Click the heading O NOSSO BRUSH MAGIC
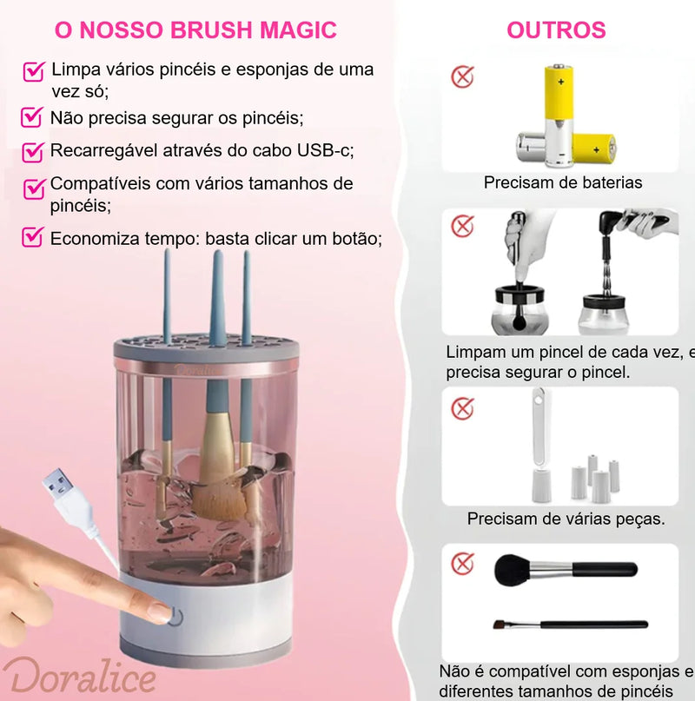[x=195, y=30]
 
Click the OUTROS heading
[x=556, y=30]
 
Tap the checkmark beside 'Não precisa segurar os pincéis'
[x=32, y=116]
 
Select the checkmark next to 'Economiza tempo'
[x=32, y=236]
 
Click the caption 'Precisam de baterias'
[x=563, y=182]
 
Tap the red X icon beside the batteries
[x=463, y=76]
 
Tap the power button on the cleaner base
[x=178, y=618]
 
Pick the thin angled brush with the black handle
[x=569, y=625]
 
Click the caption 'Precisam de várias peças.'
[x=566, y=519]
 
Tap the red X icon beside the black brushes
[x=463, y=563]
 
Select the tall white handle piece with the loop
[x=539, y=443]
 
